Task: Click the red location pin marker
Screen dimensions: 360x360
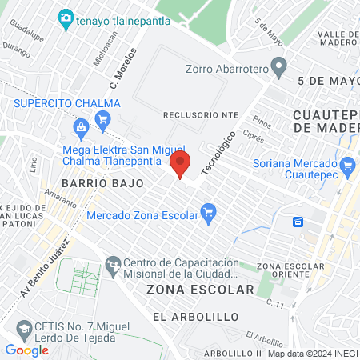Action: point(181,165)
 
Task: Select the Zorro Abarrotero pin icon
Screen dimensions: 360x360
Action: point(278,69)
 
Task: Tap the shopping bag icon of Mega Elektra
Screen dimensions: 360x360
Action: point(81,127)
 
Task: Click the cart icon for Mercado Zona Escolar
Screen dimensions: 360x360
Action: point(209,214)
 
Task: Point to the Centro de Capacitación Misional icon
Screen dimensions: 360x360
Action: point(114,263)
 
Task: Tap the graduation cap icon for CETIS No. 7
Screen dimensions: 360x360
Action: point(25,328)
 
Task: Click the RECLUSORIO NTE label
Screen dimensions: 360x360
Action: point(200,115)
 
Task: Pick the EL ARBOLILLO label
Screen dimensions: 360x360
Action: point(194,317)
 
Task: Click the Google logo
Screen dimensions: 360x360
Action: point(26,350)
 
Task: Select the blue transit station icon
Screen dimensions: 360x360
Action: point(298,222)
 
